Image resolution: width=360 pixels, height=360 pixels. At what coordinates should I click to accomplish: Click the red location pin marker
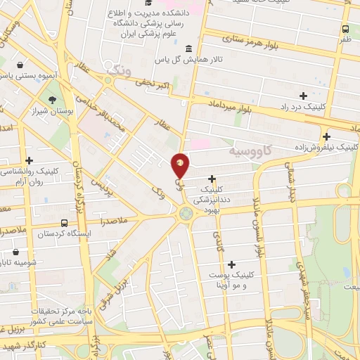pos(181,165)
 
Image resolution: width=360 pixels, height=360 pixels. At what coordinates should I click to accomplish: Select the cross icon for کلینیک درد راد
pos(303,96)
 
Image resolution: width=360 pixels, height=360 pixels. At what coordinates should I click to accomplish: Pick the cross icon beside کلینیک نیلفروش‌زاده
pos(326,136)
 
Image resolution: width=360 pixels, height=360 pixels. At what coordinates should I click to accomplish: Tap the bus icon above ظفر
pos(345,30)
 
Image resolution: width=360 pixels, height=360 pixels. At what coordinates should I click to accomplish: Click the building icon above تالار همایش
pos(188,48)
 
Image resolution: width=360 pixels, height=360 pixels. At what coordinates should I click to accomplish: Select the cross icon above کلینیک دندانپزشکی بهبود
pos(212,178)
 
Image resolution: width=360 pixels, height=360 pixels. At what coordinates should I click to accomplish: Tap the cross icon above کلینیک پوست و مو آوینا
pos(232,264)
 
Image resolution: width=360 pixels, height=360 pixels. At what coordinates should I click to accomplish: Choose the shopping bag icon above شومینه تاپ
pos(16,252)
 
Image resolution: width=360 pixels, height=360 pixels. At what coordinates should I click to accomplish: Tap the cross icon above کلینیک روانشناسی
pos(29,160)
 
